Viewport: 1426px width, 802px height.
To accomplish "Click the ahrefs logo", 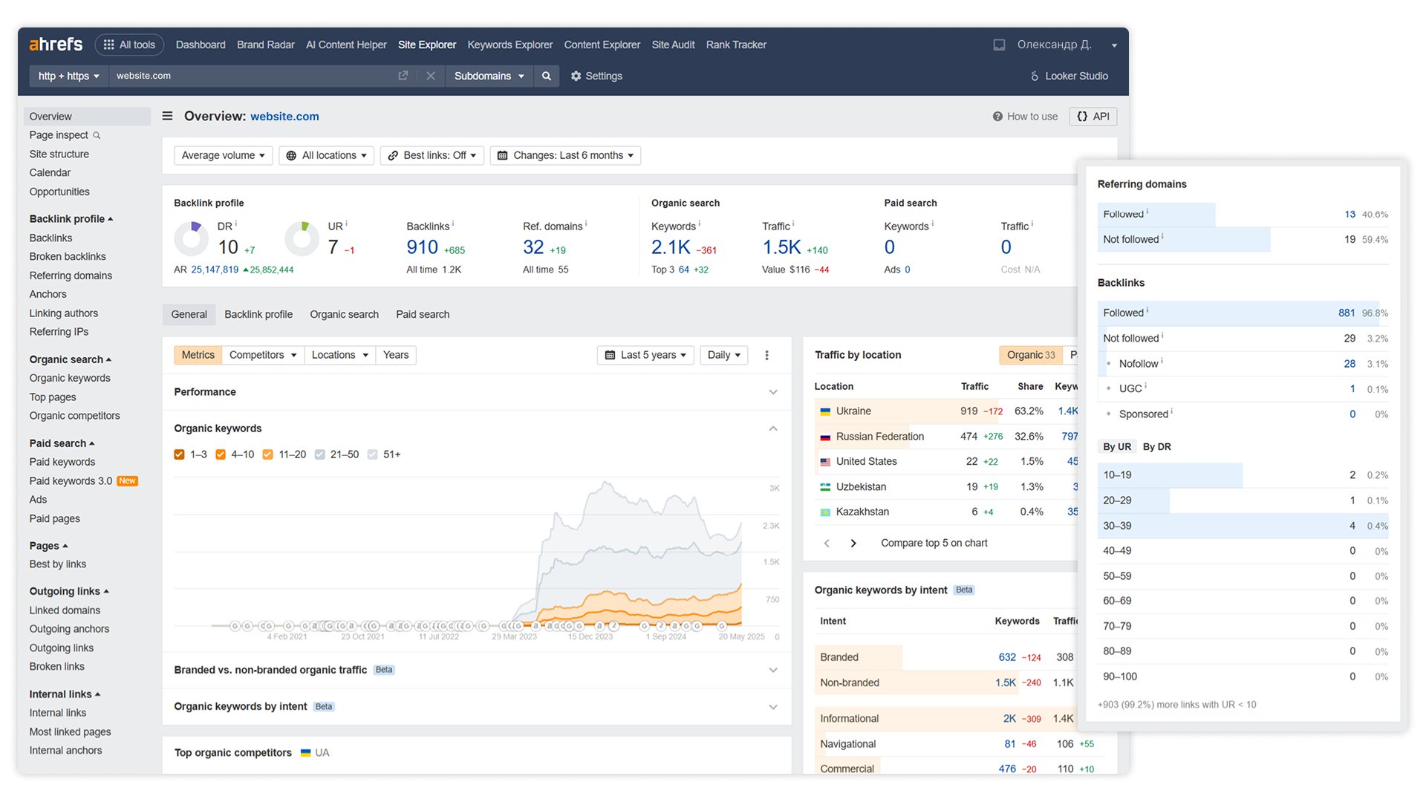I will (56, 45).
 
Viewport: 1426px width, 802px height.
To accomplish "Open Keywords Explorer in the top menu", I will (509, 45).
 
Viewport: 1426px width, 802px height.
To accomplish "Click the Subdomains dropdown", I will (489, 76).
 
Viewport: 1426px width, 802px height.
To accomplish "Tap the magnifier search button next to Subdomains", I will (547, 76).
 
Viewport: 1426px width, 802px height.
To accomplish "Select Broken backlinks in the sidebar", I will (68, 256).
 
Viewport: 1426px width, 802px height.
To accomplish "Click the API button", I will (1093, 117).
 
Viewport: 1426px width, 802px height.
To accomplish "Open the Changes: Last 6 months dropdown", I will (565, 155).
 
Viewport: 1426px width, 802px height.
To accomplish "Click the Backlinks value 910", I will (422, 247).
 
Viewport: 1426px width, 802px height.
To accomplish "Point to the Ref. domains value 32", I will (533, 247).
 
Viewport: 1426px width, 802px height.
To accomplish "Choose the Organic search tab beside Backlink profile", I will (344, 314).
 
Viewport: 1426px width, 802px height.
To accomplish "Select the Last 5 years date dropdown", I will (645, 355).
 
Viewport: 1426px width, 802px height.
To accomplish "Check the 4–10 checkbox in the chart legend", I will (221, 454).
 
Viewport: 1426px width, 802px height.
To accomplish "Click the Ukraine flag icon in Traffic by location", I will (825, 411).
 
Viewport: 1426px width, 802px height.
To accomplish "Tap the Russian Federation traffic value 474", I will (968, 437).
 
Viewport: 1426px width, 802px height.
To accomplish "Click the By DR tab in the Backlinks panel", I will (1156, 447).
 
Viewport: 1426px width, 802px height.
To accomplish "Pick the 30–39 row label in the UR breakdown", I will (1117, 526).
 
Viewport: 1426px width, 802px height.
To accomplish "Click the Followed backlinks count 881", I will (1347, 313).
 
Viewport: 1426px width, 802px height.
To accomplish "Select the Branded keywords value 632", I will (1007, 657).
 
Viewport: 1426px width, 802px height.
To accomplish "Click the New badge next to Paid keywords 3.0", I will (128, 481).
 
